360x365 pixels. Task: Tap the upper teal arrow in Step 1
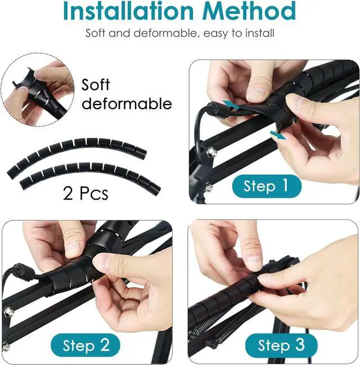click(x=230, y=105)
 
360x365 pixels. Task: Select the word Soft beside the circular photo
click(x=96, y=85)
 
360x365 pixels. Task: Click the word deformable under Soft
click(x=127, y=103)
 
